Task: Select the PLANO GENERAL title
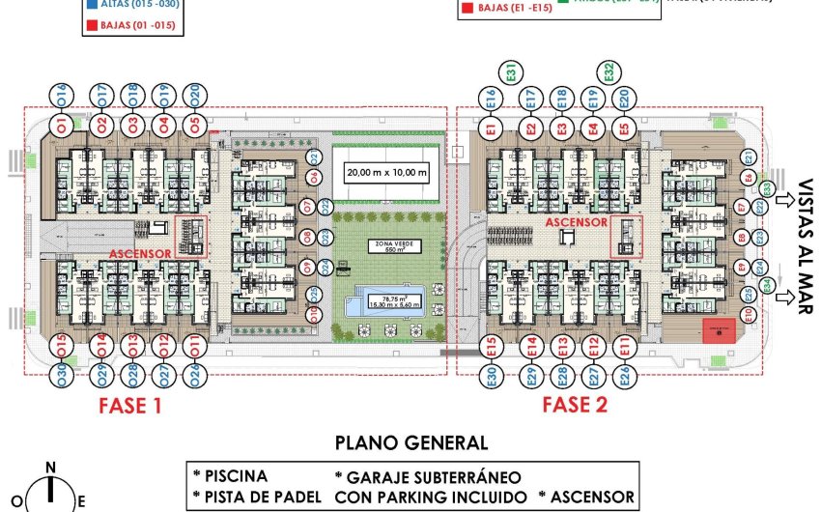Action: [410, 443]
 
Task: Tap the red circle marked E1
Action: [491, 128]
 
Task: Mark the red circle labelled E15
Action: [491, 346]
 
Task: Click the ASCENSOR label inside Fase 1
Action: [140, 254]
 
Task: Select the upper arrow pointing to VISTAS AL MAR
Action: [788, 202]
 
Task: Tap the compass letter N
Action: [50, 469]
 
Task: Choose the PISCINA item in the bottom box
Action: [235, 477]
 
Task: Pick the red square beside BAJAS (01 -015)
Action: [90, 26]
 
